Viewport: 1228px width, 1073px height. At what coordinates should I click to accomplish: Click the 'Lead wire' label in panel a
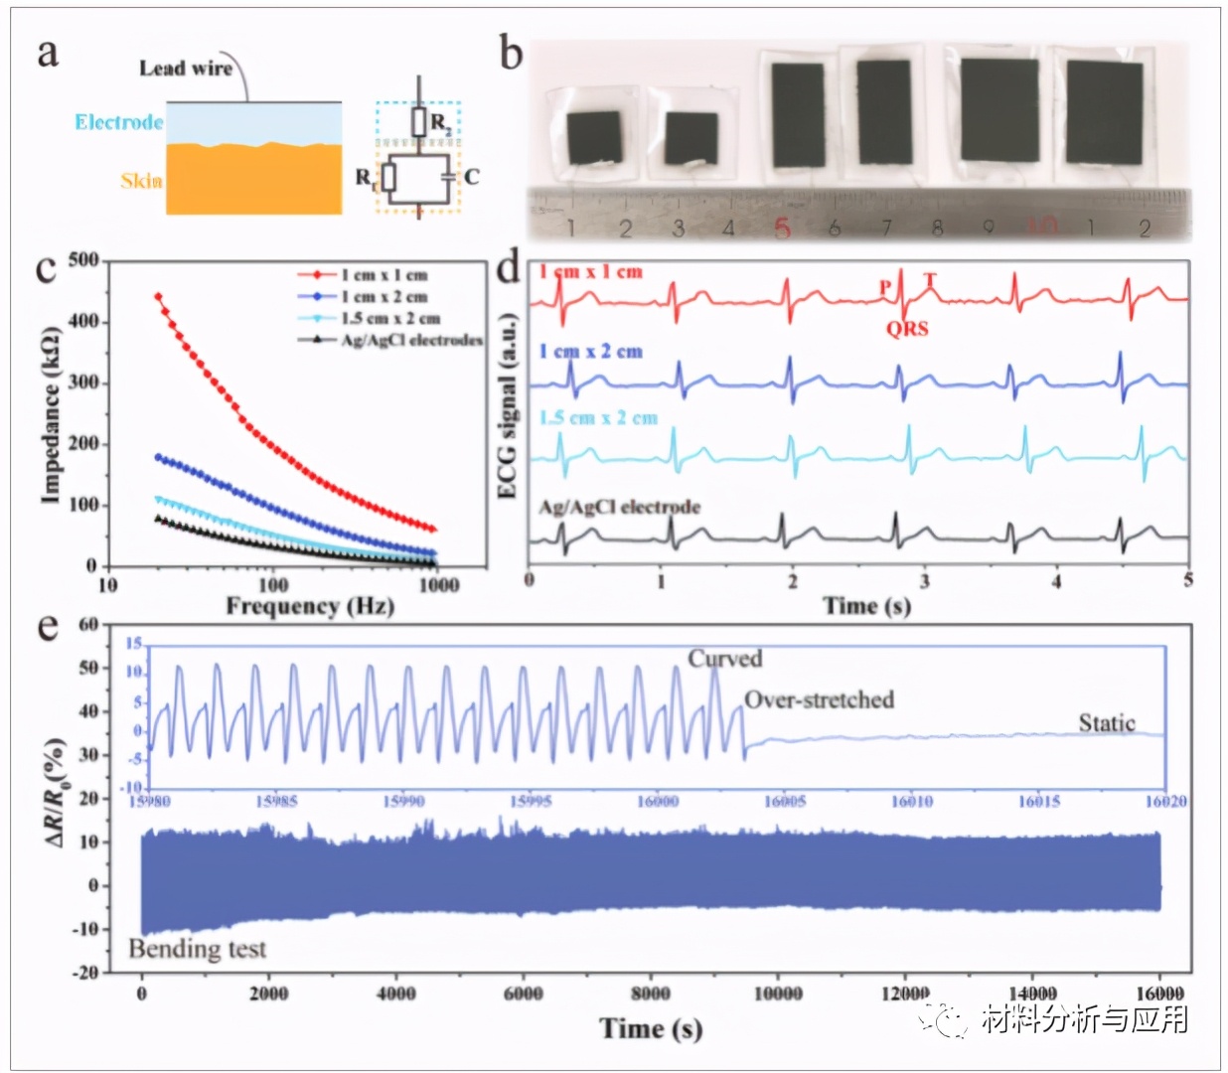click(185, 69)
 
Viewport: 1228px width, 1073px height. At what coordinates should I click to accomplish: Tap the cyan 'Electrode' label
click(118, 122)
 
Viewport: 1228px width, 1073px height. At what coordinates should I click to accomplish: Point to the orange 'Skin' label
click(141, 180)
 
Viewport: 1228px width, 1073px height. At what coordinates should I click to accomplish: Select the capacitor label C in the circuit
click(471, 177)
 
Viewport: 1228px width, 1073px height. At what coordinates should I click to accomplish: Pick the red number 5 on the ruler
click(782, 229)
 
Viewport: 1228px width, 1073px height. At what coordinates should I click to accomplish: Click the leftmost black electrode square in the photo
click(594, 137)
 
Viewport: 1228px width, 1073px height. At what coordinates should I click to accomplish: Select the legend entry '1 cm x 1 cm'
click(384, 275)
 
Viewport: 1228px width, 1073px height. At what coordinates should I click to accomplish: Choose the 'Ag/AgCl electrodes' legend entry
click(410, 340)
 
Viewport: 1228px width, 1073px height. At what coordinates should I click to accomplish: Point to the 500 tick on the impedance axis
click(83, 260)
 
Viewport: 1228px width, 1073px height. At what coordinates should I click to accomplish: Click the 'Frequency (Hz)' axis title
click(309, 606)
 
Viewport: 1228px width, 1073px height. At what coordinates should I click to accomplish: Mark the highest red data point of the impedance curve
click(158, 296)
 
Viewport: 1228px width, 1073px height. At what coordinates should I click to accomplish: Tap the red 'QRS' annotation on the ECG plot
click(907, 329)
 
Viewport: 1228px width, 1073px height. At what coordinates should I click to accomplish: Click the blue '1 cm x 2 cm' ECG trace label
click(590, 352)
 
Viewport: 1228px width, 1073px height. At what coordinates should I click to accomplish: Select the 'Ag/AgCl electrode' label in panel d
click(619, 507)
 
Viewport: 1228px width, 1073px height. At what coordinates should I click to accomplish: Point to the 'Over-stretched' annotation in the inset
click(819, 700)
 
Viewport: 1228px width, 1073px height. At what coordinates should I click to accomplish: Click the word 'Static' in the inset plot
click(1107, 723)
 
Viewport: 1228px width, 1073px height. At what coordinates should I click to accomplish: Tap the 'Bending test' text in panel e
click(198, 949)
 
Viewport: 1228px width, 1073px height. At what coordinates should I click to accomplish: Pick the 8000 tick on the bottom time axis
click(650, 993)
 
